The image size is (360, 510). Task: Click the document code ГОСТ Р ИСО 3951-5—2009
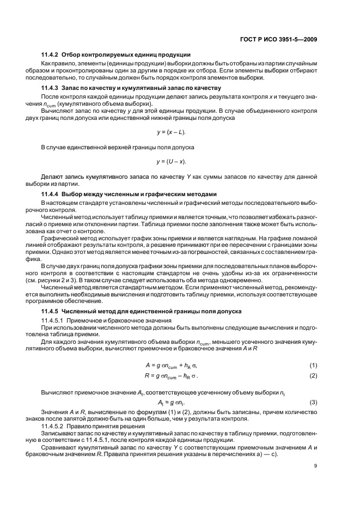pyautogui.click(x=278, y=39)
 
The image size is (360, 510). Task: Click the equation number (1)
pyautogui.click(x=314, y=365)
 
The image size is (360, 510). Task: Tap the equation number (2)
pyautogui.click(x=314, y=376)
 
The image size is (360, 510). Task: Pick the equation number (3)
pyautogui.click(x=314, y=403)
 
